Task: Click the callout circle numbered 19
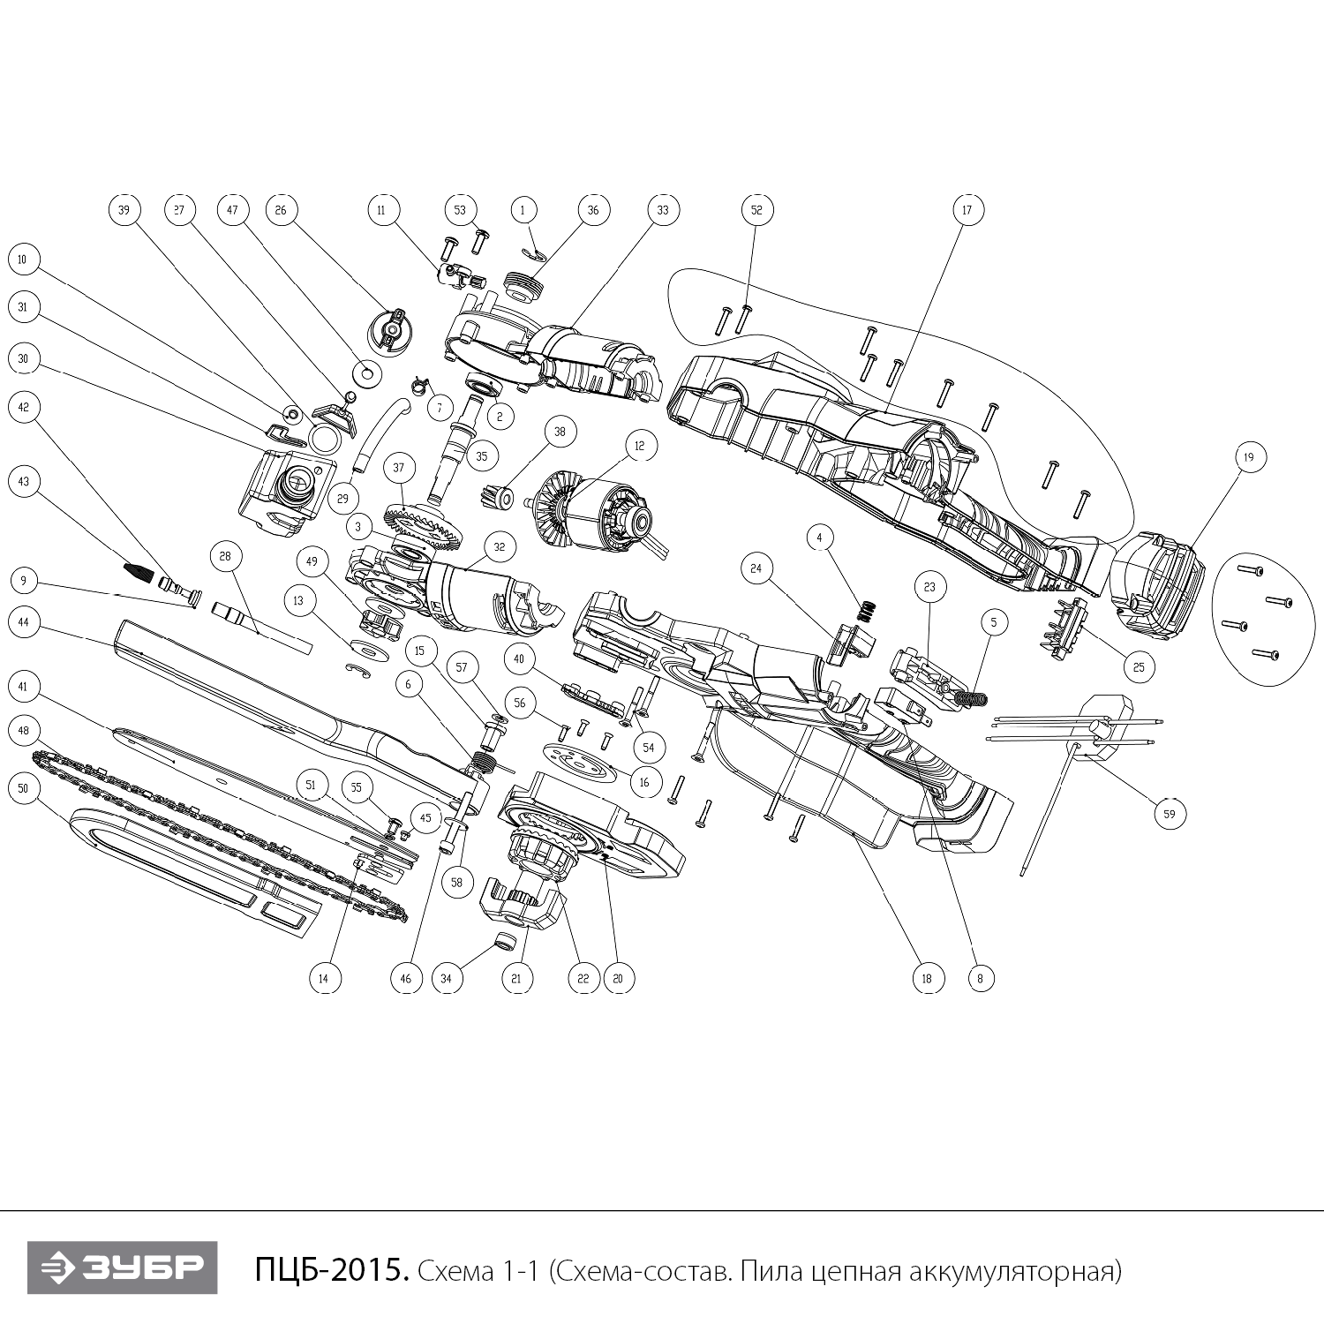1248,457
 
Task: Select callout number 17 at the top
967,209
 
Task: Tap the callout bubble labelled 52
756,209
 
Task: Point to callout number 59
1170,814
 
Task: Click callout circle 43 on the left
24,481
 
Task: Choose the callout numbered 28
225,556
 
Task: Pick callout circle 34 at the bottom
447,978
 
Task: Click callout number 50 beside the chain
24,788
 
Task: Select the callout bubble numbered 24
756,569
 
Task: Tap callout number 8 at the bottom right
980,978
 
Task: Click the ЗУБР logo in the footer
122,1268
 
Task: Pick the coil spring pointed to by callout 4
868,610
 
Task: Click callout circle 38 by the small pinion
560,432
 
